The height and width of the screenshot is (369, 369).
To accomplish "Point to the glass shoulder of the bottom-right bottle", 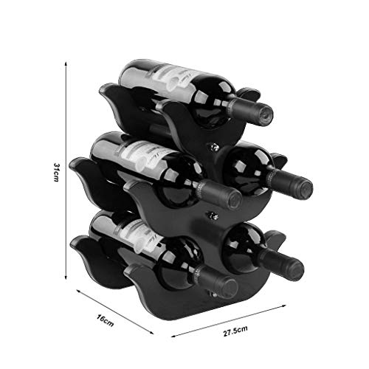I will click(x=244, y=247).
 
